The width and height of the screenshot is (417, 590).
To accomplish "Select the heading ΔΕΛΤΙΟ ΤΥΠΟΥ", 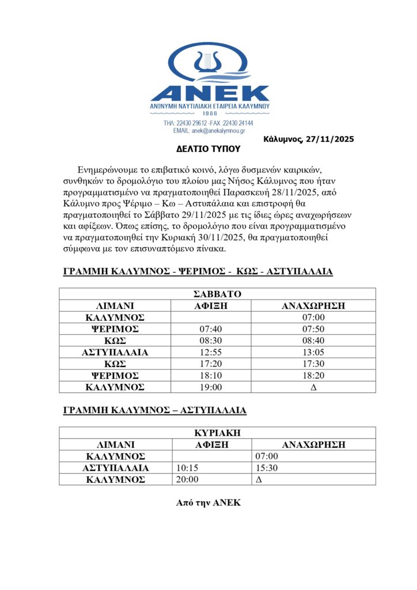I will tap(208, 148).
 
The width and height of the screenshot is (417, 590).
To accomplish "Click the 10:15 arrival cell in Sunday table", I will tap(187, 468).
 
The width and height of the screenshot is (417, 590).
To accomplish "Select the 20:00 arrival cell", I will tap(187, 479).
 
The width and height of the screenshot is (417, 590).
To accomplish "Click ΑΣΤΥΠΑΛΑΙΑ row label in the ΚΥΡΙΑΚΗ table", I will tap(115, 468).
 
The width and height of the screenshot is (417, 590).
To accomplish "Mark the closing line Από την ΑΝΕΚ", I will tap(208, 503).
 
